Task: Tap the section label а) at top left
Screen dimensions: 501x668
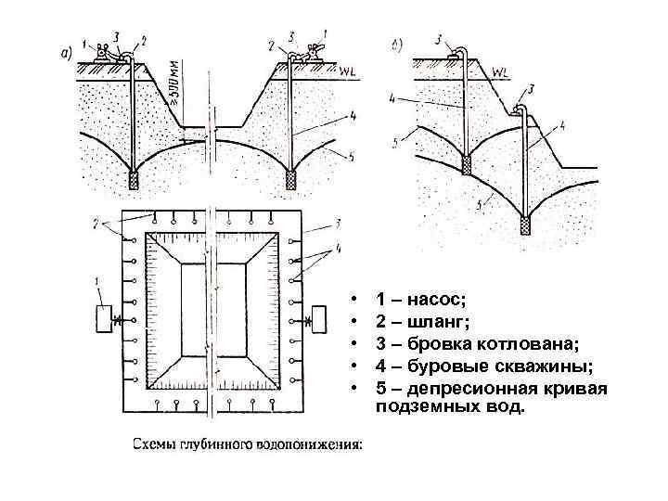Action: pos(66,53)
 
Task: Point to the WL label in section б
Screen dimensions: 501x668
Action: pos(502,71)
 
